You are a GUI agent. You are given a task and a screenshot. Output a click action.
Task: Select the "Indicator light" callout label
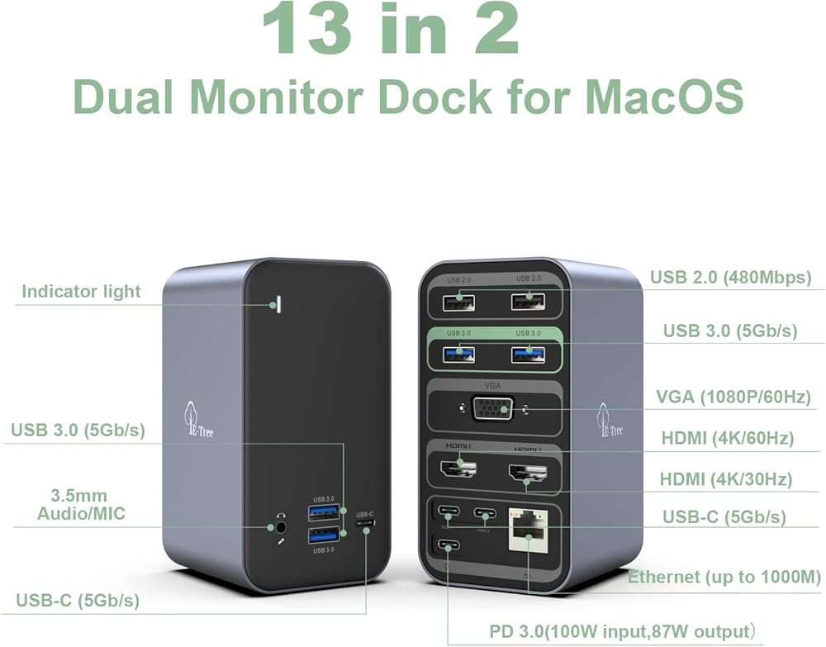coord(81,291)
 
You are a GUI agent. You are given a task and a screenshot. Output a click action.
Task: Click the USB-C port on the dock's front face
coord(365,525)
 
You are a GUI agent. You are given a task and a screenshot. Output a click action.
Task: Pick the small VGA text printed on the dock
coord(495,385)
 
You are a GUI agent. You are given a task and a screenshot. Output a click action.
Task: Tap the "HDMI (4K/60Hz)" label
coord(727,438)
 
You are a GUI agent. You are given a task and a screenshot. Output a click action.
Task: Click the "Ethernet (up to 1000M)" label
coord(724,577)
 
